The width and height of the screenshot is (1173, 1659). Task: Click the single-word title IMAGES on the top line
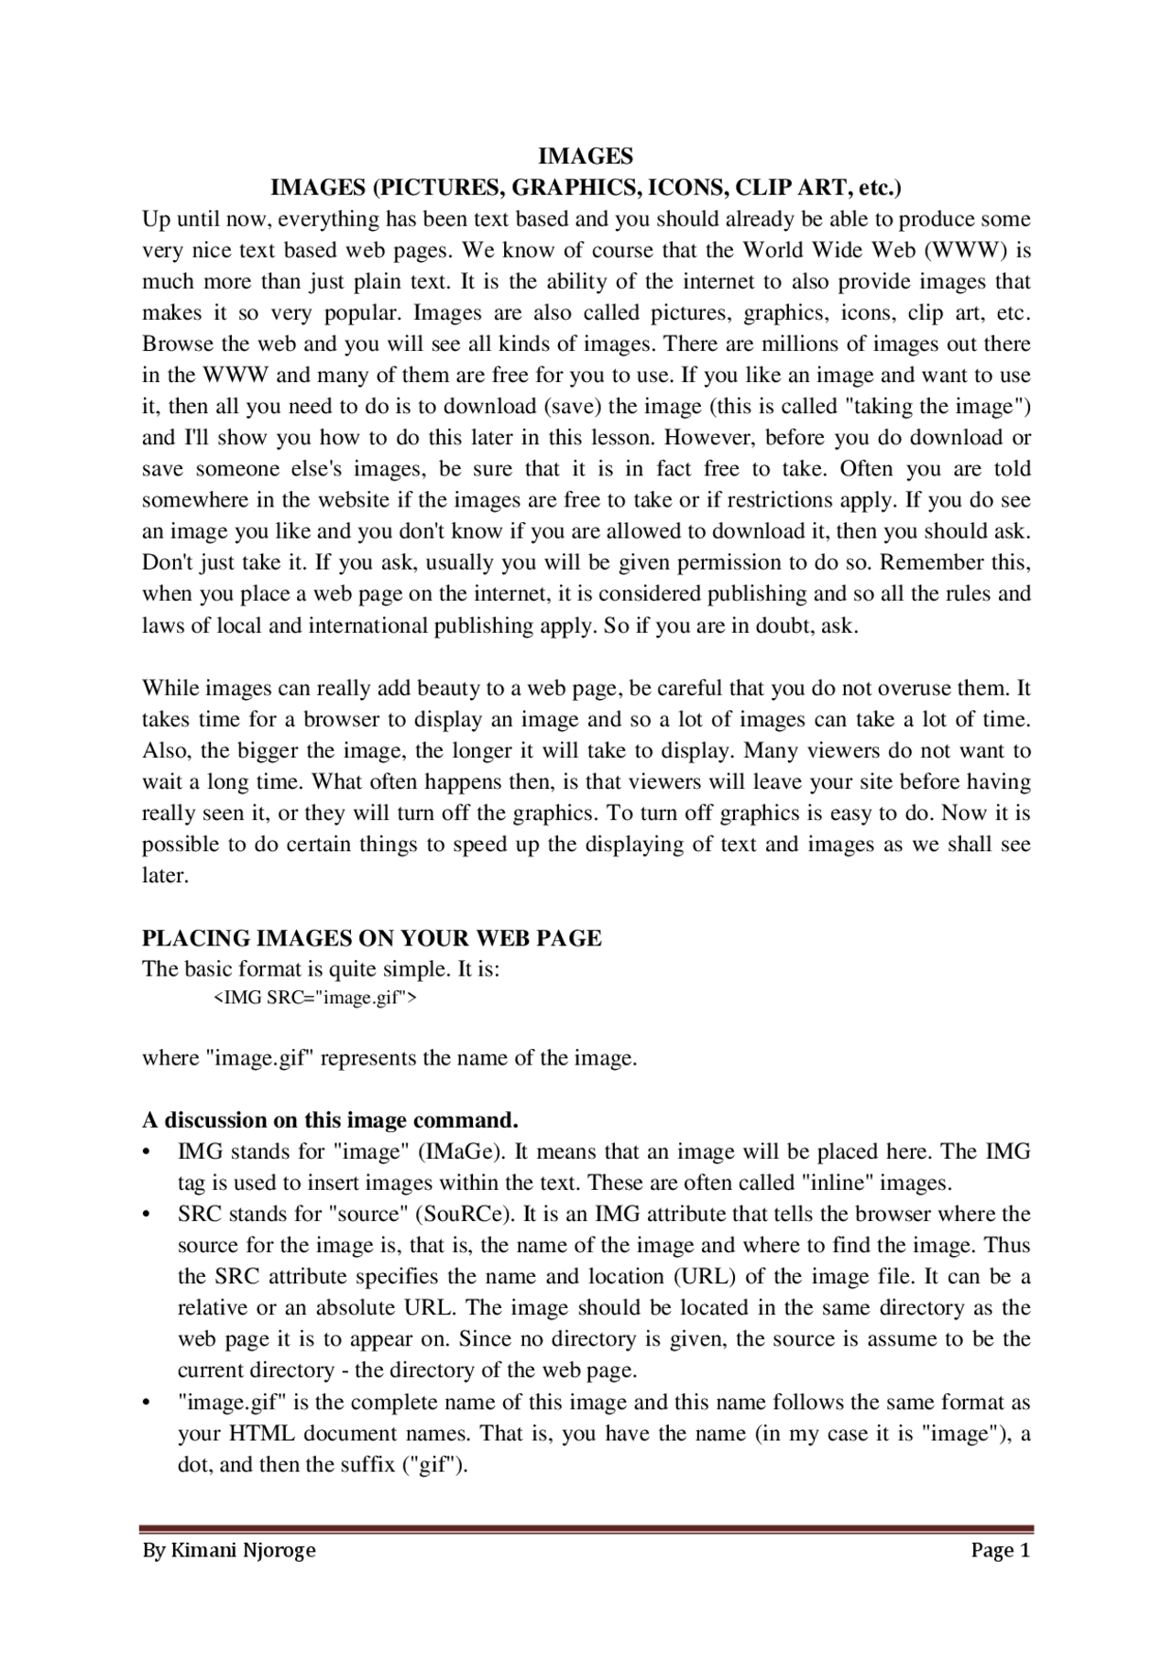coord(585,155)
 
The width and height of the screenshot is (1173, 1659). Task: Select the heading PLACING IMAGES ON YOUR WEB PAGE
coord(371,938)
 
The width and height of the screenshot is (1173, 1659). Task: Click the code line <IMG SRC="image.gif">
coord(314,998)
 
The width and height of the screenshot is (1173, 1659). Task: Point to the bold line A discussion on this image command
coord(330,1120)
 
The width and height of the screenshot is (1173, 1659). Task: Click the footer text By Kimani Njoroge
coord(228,1550)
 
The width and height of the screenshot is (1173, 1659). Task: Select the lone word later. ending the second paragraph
coord(165,875)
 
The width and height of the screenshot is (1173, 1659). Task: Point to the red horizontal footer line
coord(586,1528)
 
